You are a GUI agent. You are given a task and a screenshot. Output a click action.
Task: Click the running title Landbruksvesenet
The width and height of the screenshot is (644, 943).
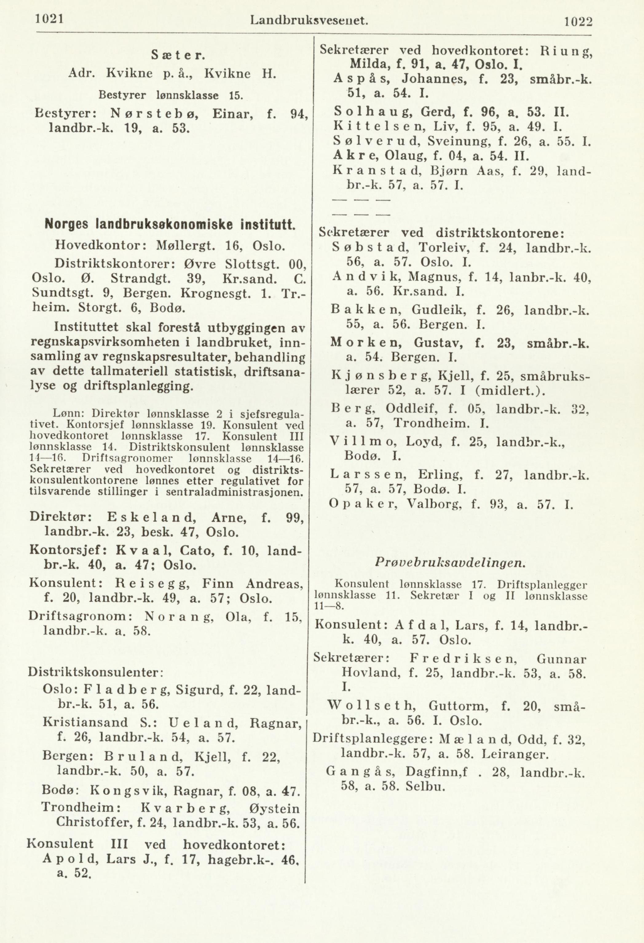click(309, 20)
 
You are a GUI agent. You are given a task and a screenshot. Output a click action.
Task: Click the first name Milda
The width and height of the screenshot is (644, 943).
click(368, 64)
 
